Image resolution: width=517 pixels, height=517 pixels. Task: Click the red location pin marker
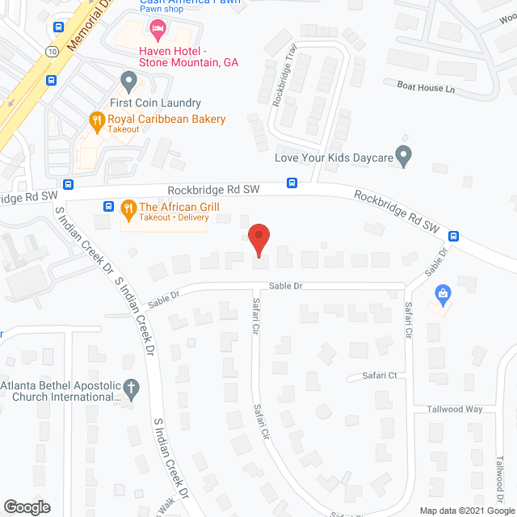click(x=258, y=239)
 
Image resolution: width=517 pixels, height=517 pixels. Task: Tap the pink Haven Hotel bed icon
click(x=157, y=30)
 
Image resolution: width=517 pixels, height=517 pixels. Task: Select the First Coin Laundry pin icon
click(x=128, y=81)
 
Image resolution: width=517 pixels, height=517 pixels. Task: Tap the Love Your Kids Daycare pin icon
click(x=406, y=156)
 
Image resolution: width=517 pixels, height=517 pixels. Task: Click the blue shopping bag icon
click(x=442, y=292)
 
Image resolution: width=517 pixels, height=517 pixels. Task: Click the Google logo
click(x=26, y=506)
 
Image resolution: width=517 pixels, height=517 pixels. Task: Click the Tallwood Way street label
click(x=456, y=409)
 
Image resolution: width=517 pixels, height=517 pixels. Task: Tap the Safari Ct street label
click(x=380, y=376)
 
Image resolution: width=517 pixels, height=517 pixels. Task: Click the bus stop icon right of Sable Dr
click(x=454, y=236)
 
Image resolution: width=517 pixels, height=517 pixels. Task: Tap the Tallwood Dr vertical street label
click(x=500, y=477)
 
